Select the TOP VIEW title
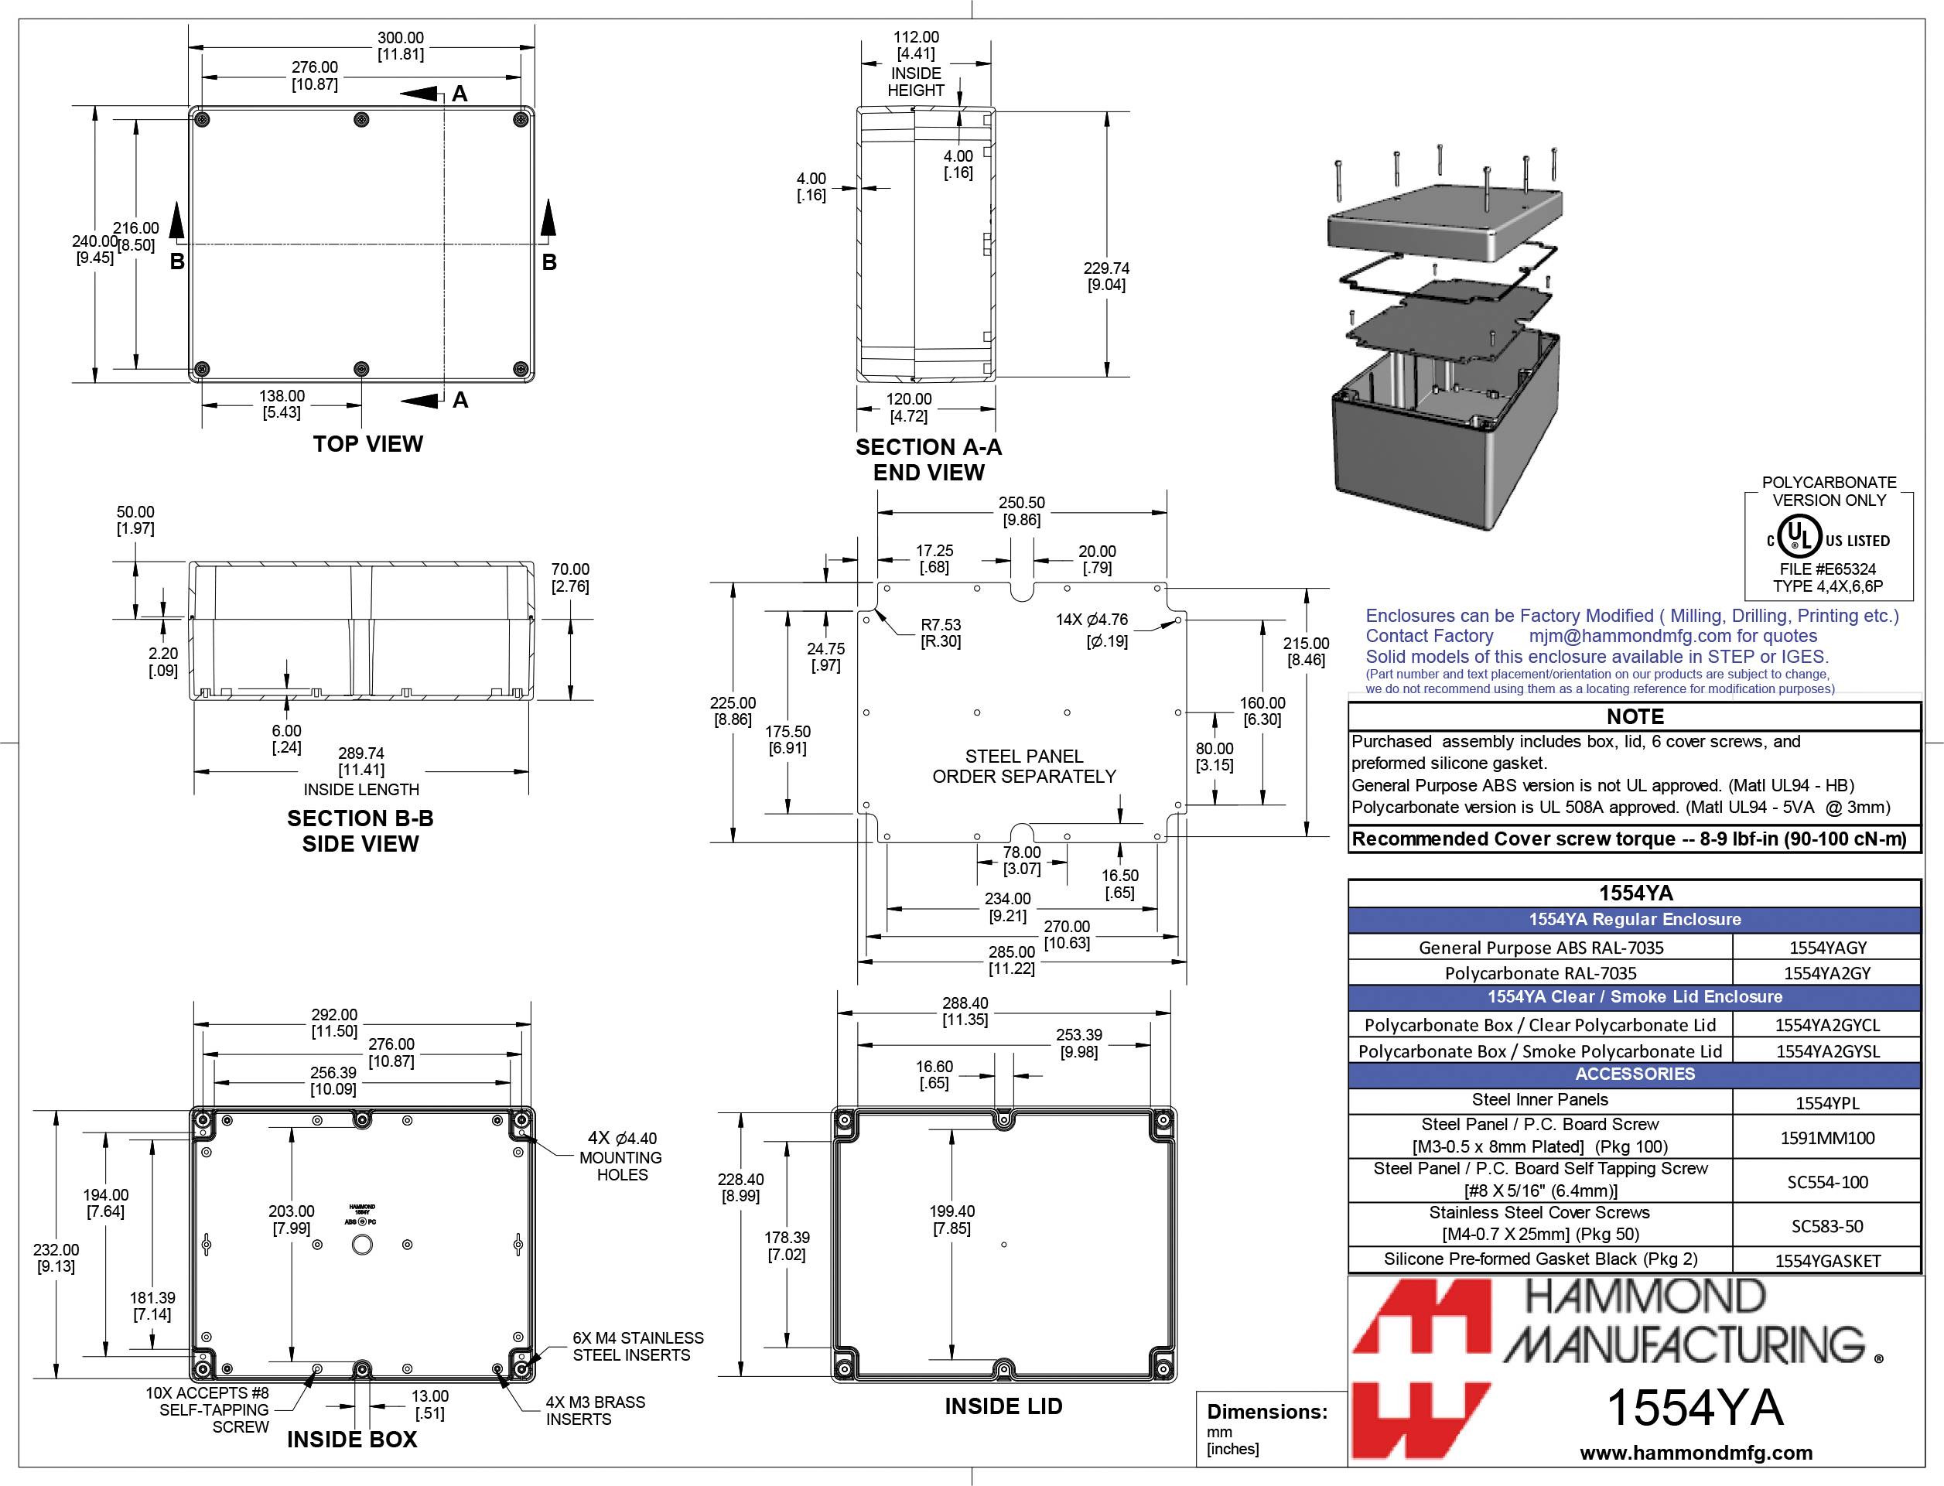(368, 444)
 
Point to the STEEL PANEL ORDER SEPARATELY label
(1024, 766)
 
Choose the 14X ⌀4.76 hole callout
(1092, 620)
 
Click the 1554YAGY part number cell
(1827, 948)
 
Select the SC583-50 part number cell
(1827, 1226)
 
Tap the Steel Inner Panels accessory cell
(1540, 1099)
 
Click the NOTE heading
(1635, 716)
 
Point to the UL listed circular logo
(1799, 538)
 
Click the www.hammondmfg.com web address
(1696, 1453)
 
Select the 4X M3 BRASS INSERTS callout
(594, 1411)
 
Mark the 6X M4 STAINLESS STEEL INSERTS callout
(637, 1346)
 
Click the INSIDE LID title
(1003, 1406)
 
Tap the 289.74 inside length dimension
(360, 753)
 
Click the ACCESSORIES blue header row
(1635, 1074)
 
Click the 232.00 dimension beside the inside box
(56, 1250)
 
